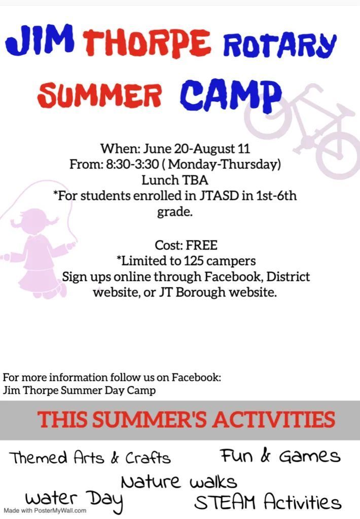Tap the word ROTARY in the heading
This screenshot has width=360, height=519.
(280, 44)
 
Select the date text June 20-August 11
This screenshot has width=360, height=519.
(196, 149)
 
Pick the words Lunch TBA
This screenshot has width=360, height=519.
(175, 180)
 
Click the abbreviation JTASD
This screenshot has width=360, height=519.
(219, 196)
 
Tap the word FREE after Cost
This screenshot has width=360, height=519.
(202, 246)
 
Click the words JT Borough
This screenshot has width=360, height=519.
(192, 292)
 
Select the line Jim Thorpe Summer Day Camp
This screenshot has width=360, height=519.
(79, 391)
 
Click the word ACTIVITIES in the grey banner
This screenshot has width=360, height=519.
(274, 419)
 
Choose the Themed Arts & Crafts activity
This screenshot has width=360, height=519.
(90, 458)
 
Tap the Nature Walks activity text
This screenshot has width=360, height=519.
(179, 481)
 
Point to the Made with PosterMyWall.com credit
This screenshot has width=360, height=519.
(45, 511)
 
